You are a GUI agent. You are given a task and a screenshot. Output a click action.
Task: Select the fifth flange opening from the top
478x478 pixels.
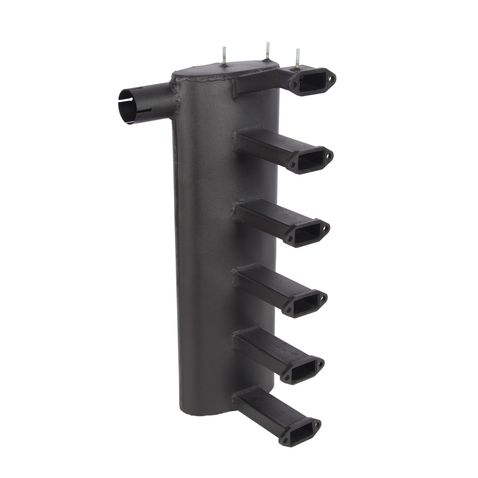pos(302,370)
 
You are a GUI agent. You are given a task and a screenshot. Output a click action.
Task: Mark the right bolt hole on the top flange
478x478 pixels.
pos(331,79)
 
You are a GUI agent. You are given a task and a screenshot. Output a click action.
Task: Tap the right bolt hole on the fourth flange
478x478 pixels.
pos(323,297)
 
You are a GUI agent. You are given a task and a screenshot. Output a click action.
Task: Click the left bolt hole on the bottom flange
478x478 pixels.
pos(284,440)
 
